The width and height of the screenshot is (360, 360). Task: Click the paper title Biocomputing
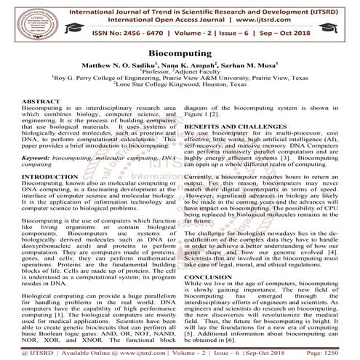point(180,54)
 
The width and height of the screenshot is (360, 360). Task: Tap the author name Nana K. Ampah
point(181,65)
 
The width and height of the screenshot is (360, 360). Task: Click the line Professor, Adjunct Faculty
point(179,73)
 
